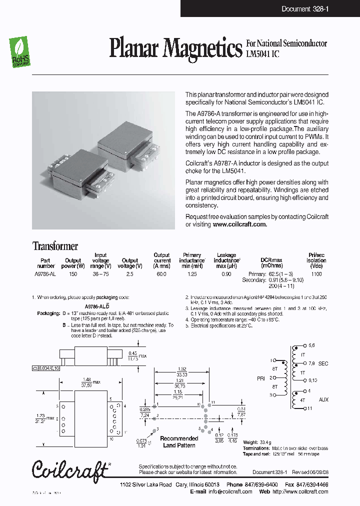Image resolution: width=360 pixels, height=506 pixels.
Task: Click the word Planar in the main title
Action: pyautogui.click(x=135, y=48)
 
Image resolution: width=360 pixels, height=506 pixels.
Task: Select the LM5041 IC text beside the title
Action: pyautogui.click(x=262, y=53)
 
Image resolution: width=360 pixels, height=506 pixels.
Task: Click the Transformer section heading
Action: pyautogui.click(x=55, y=246)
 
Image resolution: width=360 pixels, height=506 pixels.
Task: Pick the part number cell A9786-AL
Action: pyautogui.click(x=45, y=274)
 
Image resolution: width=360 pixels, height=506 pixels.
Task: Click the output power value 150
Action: pyautogui.click(x=73, y=274)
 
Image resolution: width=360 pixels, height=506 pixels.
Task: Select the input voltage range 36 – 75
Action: pyautogui.click(x=100, y=274)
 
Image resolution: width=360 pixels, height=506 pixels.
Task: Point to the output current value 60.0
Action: pyautogui.click(x=162, y=274)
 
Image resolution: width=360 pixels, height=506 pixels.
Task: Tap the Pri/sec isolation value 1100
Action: pyautogui.click(x=316, y=274)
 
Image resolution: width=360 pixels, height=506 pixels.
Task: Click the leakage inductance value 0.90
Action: pyautogui.click(x=226, y=274)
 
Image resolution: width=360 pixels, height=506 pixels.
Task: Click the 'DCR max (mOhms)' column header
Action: pyautogui.click(x=271, y=263)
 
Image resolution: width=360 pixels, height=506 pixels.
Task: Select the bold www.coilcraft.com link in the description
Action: pyautogui.click(x=239, y=224)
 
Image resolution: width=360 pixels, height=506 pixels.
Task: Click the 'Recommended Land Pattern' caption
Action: pyautogui.click(x=179, y=441)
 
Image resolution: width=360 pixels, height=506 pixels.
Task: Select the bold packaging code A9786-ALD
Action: pyautogui.click(x=97, y=305)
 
